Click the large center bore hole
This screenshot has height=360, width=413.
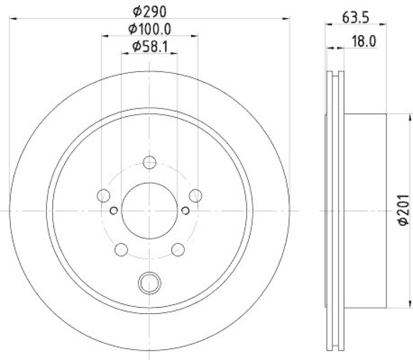point(150,210)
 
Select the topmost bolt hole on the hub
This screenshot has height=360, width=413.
point(150,163)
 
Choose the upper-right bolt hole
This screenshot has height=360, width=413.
point(195,195)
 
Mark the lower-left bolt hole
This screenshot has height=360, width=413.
point(121,249)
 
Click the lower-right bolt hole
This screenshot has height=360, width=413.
point(178,249)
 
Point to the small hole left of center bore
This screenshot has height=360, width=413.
point(114,210)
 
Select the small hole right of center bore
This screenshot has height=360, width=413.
point(185,210)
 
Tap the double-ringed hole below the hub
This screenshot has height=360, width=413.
point(150,282)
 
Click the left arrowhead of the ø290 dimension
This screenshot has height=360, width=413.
point(12,19)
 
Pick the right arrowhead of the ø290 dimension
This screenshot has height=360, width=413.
point(287,19)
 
